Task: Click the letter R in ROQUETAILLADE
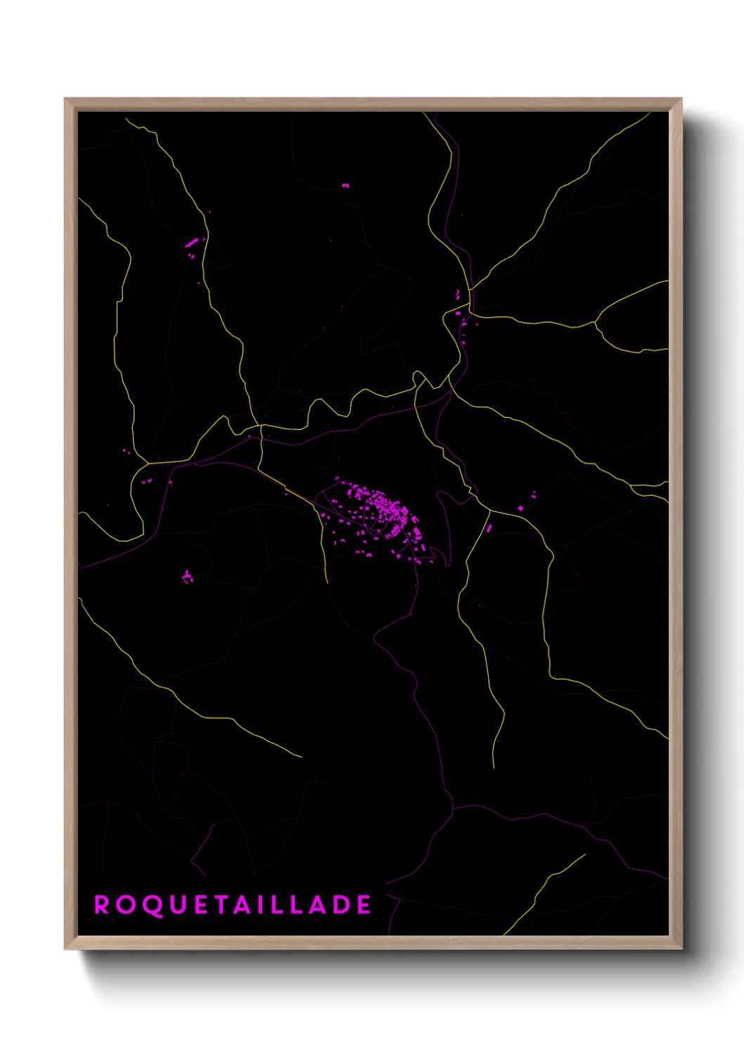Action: [x=102, y=905]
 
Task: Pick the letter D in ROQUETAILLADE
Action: [x=340, y=905]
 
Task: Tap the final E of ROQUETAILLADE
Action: [x=364, y=905]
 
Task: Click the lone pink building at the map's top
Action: [x=345, y=186]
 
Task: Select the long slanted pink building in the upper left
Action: [x=191, y=243]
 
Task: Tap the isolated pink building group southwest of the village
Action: [x=187, y=577]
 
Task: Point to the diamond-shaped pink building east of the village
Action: [x=520, y=508]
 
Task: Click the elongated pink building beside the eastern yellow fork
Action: [x=489, y=528]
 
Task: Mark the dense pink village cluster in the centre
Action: [x=380, y=510]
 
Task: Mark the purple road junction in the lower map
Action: [x=454, y=807]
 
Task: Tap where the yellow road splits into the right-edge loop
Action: [x=596, y=323]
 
